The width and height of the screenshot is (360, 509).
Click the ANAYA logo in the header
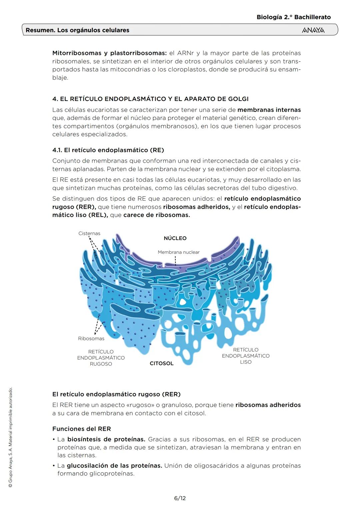pyautogui.click(x=313, y=30)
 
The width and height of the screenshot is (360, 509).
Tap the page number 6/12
pyautogui.click(x=180, y=498)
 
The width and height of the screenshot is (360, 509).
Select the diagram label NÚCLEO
pyautogui.click(x=175, y=238)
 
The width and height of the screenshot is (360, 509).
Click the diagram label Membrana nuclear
pyautogui.click(x=179, y=252)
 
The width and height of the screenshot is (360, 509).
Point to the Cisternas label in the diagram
pyautogui.click(x=89, y=233)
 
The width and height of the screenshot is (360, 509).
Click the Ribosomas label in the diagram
pyautogui.click(x=91, y=339)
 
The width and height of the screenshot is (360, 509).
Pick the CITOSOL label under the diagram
pyautogui.click(x=162, y=363)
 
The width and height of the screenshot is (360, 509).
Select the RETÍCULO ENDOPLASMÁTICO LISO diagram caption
pyautogui.click(x=246, y=356)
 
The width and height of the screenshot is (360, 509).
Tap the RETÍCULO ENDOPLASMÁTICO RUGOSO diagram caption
pyautogui.click(x=101, y=358)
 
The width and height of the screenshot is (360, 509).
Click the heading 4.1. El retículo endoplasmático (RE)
pyautogui.click(x=108, y=150)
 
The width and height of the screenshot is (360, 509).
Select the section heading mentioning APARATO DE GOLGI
pyautogui.click(x=150, y=99)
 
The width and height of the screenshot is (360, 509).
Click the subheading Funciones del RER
pyautogui.click(x=82, y=429)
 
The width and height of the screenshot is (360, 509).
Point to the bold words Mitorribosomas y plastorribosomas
pyautogui.click(x=109, y=53)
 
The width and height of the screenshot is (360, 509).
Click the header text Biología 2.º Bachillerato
pyautogui.click(x=294, y=17)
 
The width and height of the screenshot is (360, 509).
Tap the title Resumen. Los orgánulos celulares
pyautogui.click(x=77, y=30)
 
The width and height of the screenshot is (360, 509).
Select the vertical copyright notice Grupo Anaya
pyautogui.click(x=10, y=437)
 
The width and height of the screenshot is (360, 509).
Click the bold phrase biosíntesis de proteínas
pyautogui.click(x=106, y=439)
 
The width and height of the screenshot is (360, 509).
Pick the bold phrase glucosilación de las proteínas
pyautogui.click(x=114, y=466)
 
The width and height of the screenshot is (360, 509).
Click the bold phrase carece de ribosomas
pyautogui.click(x=157, y=215)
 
